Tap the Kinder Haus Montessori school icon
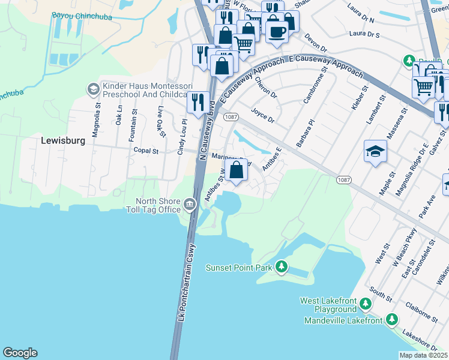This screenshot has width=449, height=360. click(x=93, y=89)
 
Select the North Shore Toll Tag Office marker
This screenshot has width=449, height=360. click(x=190, y=205)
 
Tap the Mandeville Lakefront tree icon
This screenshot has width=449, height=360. click(x=392, y=320)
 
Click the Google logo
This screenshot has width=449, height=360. click(x=20, y=353)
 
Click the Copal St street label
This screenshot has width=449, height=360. click(x=145, y=152)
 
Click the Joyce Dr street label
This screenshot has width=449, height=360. click(x=262, y=113)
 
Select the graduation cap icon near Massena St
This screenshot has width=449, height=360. click(x=375, y=151)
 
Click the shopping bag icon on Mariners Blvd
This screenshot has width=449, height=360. click(x=237, y=169)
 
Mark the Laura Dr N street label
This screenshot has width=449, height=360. click(x=365, y=10)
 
